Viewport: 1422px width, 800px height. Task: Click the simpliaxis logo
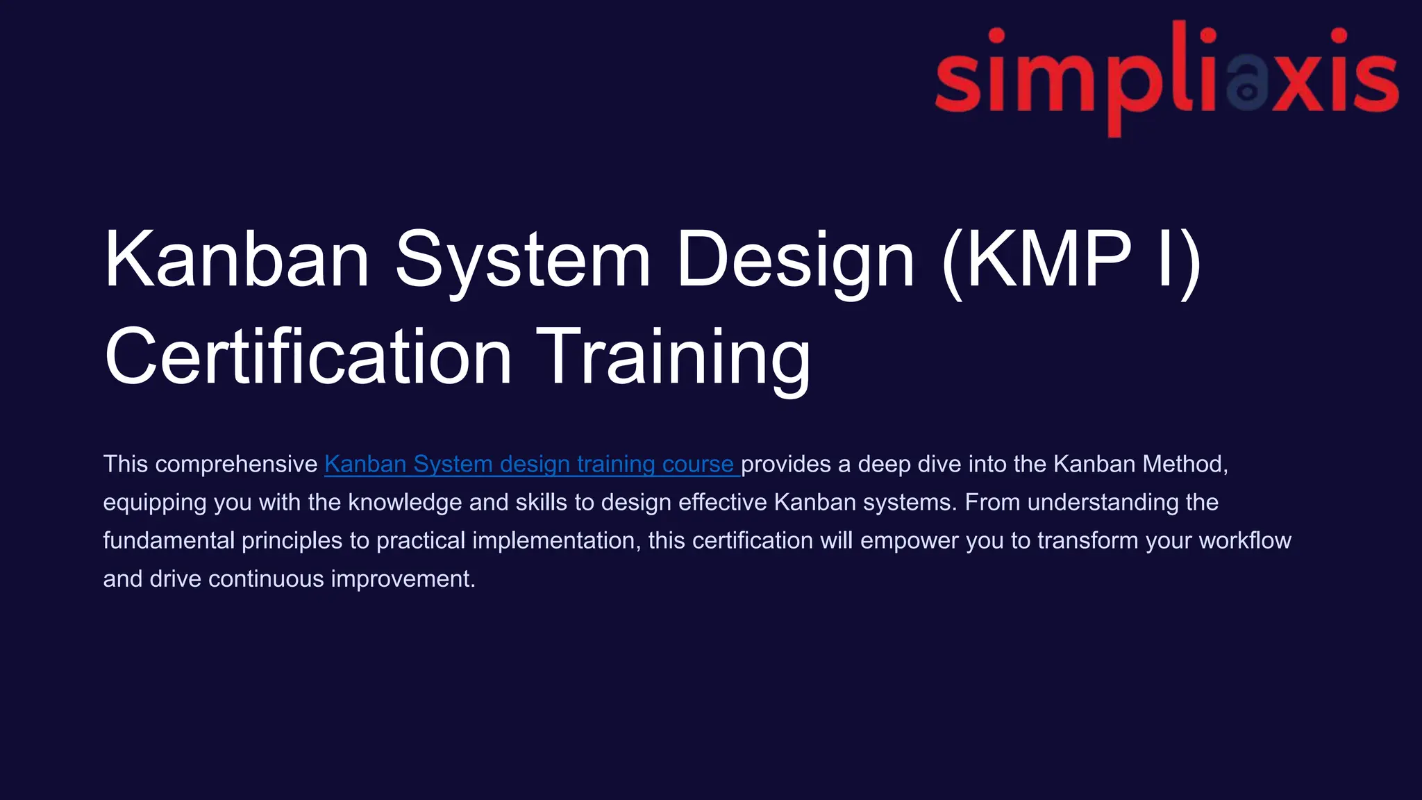click(1166, 78)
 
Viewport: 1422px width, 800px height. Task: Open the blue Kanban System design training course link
click(531, 464)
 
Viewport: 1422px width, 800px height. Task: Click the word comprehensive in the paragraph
click(236, 464)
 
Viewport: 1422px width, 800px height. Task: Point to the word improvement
click(403, 578)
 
